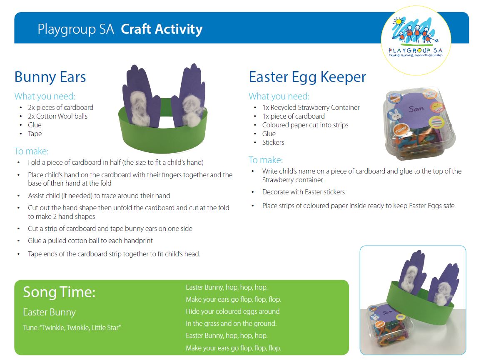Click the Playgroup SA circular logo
(x=416, y=40)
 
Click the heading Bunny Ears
(x=50, y=77)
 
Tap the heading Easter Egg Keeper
(x=307, y=77)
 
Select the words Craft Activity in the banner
(x=162, y=29)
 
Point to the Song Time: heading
(x=59, y=292)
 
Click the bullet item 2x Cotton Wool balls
(x=57, y=116)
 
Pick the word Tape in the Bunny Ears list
(x=35, y=134)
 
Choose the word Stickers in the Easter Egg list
(x=273, y=142)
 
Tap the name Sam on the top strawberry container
(x=416, y=109)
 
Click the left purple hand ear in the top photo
(x=140, y=96)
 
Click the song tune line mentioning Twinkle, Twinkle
(x=72, y=328)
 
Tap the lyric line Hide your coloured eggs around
(x=232, y=312)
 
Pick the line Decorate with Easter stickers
(x=304, y=192)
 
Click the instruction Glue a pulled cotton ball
(x=90, y=241)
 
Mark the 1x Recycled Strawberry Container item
(x=311, y=108)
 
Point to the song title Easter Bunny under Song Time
(x=50, y=313)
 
